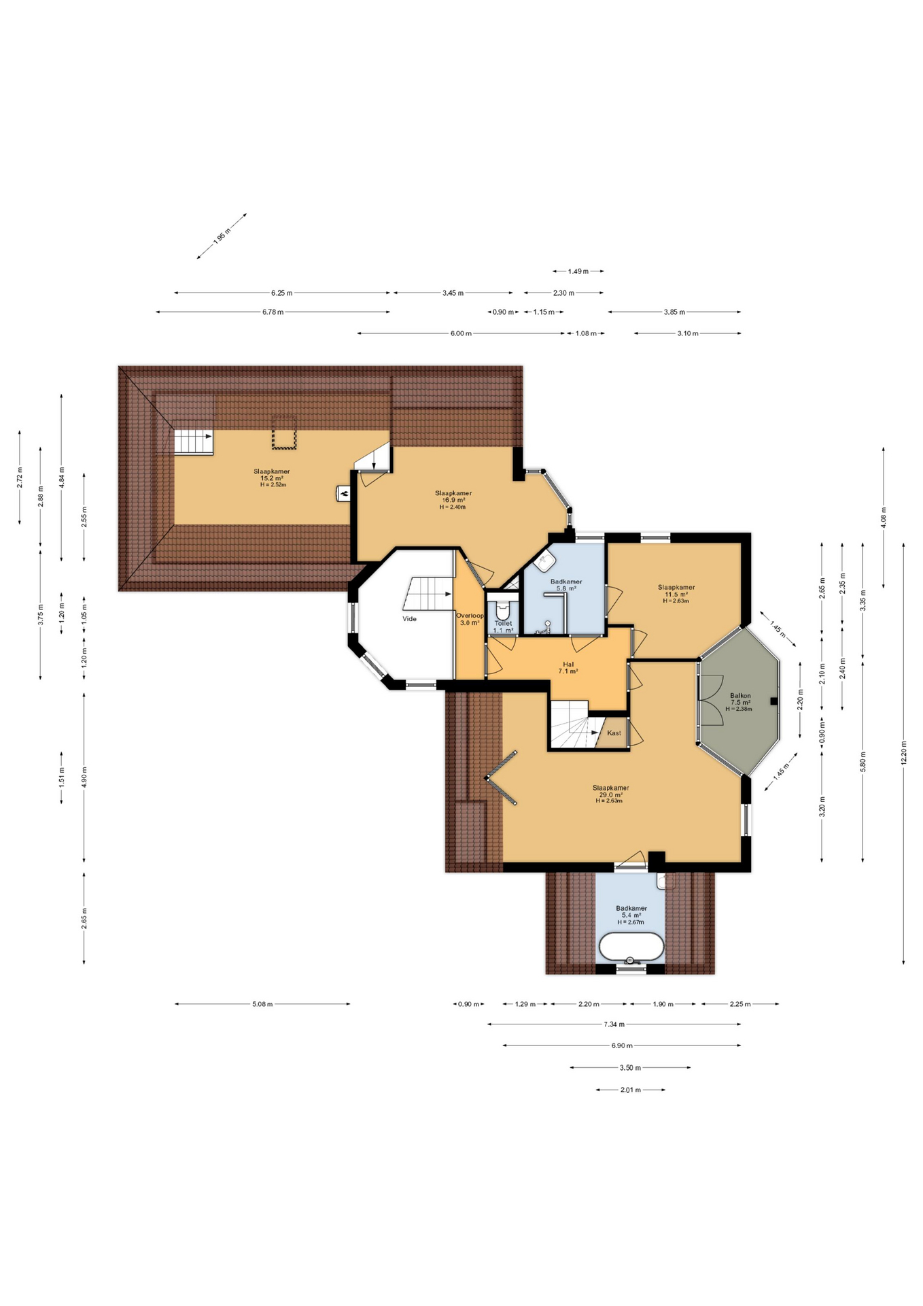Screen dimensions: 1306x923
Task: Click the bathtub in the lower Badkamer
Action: click(631, 946)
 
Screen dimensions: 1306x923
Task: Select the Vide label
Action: click(409, 619)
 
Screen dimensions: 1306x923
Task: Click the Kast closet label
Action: click(614, 733)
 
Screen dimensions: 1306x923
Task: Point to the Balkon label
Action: click(740, 696)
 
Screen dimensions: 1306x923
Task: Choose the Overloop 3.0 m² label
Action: click(470, 619)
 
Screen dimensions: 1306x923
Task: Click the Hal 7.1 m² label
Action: click(568, 667)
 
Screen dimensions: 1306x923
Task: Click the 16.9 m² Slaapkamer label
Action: click(453, 499)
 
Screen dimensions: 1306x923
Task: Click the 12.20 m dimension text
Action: click(903, 753)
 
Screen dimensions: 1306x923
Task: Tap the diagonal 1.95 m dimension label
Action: click(222, 236)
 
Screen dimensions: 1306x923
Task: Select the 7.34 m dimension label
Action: click(614, 1024)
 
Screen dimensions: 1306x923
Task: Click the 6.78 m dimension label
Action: click(273, 312)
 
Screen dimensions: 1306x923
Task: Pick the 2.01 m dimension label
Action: click(631, 1090)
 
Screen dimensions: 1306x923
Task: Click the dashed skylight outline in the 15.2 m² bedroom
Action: click(284, 432)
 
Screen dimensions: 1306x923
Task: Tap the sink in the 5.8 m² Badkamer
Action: click(545, 562)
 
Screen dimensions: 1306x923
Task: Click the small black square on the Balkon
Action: click(773, 701)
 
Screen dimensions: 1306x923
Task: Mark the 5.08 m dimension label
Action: click(262, 1004)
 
